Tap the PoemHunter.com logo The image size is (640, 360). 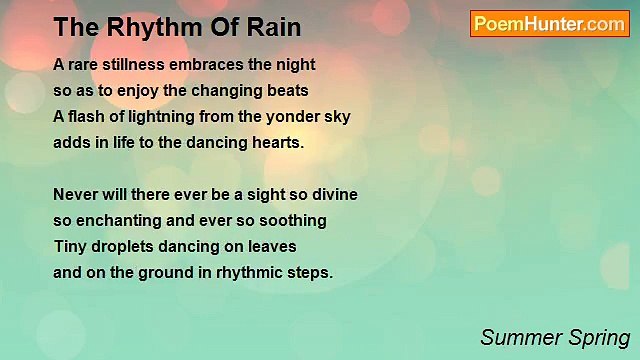tap(549, 24)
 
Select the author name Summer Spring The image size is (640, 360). tap(555, 337)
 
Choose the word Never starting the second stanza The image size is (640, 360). tap(76, 194)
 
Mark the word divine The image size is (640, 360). tap(333, 194)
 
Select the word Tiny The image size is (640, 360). tap(71, 246)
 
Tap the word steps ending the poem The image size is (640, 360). tap(311, 272)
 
